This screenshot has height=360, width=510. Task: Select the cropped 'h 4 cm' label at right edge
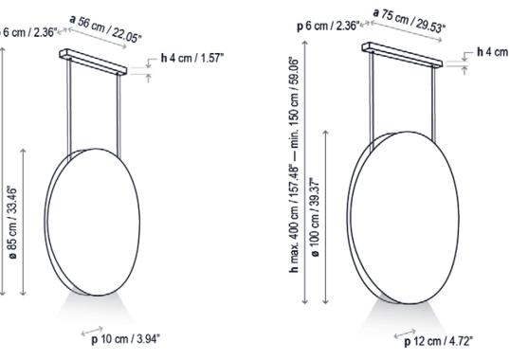(x=490, y=51)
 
